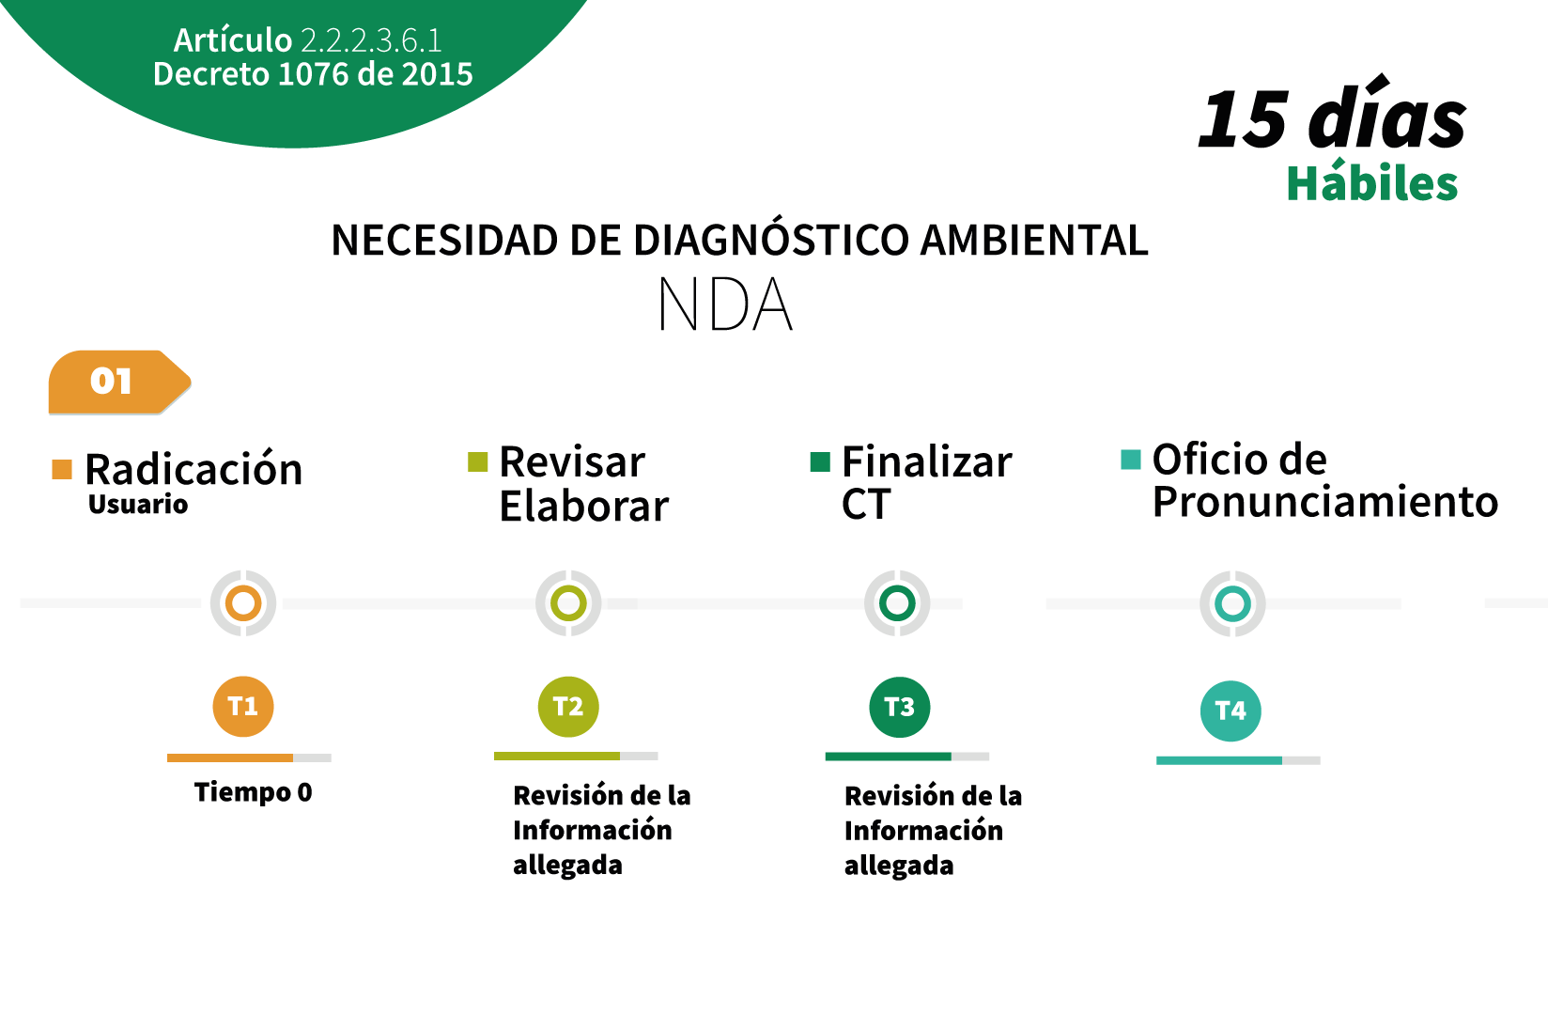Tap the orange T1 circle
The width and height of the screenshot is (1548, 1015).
pos(243,706)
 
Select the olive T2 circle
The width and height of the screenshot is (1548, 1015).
pos(568,707)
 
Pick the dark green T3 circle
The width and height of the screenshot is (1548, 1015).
pos(899,708)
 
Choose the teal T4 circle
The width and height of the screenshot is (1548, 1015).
pos(1231,710)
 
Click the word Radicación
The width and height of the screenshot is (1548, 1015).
pos(193,470)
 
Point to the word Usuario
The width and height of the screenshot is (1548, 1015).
pos(138,505)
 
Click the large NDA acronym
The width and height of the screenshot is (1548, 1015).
pos(725,304)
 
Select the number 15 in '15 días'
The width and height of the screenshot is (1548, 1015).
pos(1244,119)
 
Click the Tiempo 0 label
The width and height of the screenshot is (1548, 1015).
pos(253,792)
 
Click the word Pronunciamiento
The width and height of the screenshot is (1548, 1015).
pos(1324,501)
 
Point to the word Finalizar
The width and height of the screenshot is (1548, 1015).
pos(927,461)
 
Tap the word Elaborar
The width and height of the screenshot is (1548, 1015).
pos(584,507)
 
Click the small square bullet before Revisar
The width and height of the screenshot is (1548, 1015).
pos(477,461)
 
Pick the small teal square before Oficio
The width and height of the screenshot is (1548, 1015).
pos(1131,460)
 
